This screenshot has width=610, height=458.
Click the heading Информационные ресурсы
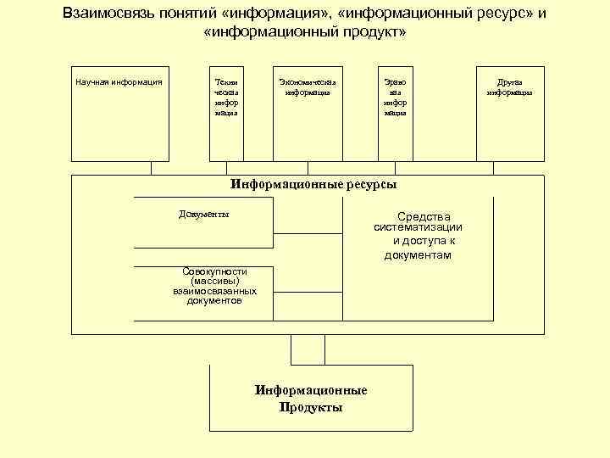click(313, 183)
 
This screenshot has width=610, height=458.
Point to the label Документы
click(204, 214)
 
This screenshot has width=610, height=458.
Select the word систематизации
click(418, 227)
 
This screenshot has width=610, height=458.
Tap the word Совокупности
click(215, 271)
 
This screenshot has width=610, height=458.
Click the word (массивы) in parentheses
click(215, 281)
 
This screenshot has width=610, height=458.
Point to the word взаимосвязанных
click(215, 291)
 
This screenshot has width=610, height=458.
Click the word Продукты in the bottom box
click(311, 407)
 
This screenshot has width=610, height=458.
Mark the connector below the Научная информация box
click(151, 168)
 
